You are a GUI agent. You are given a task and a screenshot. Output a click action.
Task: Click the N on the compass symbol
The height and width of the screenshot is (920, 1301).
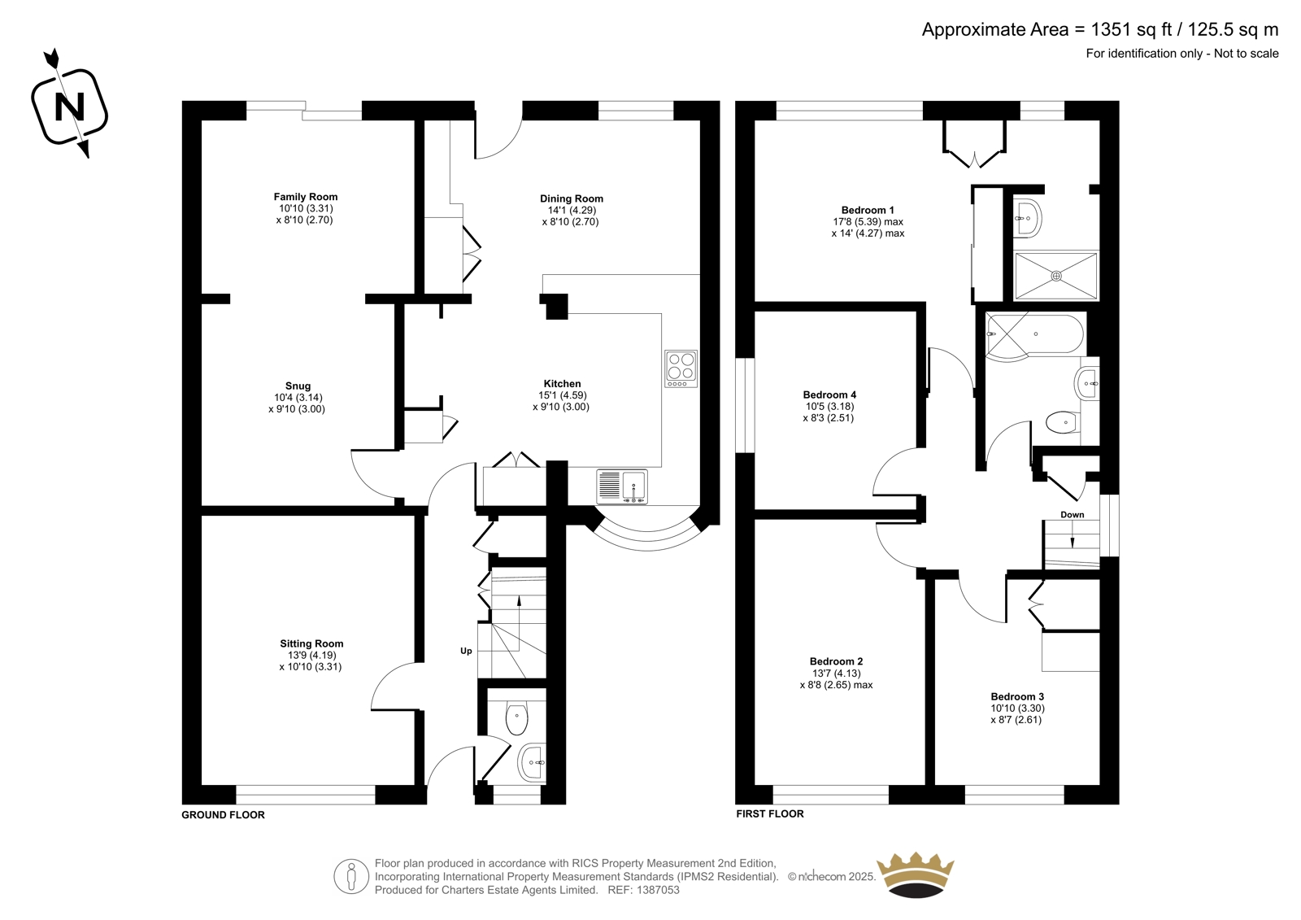(70, 107)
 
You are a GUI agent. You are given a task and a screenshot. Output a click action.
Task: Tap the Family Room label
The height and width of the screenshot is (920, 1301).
(306, 197)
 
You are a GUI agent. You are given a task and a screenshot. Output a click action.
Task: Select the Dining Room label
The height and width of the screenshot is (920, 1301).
(572, 198)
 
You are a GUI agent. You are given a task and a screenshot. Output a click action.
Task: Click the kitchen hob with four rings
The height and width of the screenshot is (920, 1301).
(681, 369)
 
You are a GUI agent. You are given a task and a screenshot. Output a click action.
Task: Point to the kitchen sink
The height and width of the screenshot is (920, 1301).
(622, 486)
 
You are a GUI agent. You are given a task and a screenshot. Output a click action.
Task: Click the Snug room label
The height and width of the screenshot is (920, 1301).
(298, 386)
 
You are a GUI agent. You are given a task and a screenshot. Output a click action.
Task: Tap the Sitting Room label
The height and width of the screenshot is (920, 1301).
(311, 643)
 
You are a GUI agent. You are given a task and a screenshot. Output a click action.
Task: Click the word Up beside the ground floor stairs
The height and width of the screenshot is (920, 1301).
(466, 651)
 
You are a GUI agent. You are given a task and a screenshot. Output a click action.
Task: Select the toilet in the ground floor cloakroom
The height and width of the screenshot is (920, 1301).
(516, 719)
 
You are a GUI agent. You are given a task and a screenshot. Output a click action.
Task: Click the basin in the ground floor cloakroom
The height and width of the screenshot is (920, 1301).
(532, 762)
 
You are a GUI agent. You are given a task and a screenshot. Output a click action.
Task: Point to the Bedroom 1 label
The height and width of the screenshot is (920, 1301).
(868, 211)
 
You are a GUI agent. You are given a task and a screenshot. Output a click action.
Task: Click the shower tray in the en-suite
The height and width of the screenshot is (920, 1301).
(1056, 276)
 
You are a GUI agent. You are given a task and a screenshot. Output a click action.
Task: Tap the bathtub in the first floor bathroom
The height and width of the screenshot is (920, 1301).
(1035, 334)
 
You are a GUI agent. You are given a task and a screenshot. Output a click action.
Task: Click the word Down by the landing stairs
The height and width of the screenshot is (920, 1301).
(1073, 514)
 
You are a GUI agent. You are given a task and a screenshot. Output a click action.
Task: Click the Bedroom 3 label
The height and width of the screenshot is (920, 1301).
(1017, 697)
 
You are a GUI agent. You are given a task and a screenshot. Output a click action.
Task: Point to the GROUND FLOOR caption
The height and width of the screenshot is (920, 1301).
(223, 815)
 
